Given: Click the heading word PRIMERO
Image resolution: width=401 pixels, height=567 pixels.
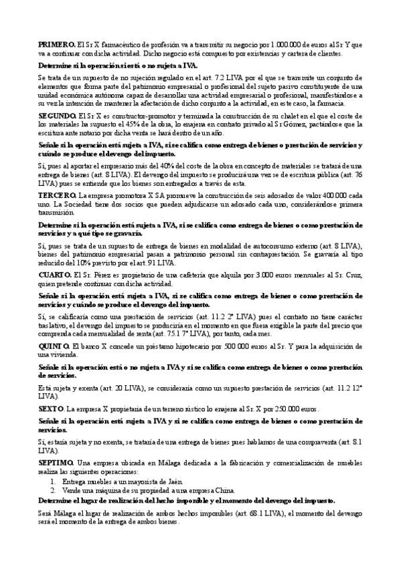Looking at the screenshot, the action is [52, 44].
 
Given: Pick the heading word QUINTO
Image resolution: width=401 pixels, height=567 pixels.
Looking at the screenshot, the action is [53, 345].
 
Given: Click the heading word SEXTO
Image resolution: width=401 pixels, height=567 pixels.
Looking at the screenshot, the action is [50, 408].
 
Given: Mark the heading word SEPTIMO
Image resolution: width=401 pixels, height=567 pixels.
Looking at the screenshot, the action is [54, 463].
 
